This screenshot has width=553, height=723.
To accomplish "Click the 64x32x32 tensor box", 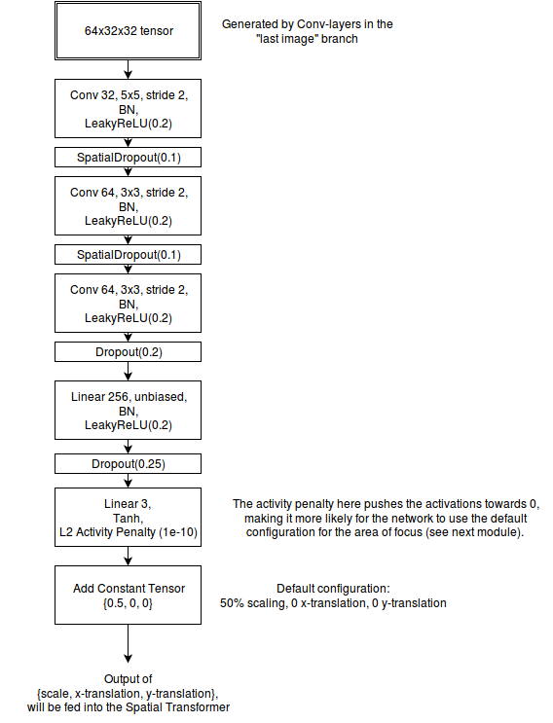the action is [128, 30].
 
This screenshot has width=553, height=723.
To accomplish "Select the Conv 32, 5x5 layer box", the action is [128, 108].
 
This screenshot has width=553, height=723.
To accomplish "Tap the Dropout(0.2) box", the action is [128, 352].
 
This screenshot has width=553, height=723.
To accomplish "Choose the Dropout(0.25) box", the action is [128, 463].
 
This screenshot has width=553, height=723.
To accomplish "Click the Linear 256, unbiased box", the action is [128, 410].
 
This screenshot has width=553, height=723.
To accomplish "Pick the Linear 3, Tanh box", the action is [128, 517].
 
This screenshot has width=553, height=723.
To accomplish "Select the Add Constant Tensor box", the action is [128, 595].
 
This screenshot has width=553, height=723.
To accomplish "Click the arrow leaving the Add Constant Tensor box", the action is [129, 643].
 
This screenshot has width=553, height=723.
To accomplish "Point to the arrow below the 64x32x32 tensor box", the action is [129, 69].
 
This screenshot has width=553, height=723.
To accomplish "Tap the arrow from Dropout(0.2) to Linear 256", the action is [129, 371].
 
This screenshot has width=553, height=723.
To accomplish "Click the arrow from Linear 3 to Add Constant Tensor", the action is [129, 556].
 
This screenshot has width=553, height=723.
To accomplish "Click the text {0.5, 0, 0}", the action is [128, 603].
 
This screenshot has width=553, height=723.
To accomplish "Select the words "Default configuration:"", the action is [333, 589].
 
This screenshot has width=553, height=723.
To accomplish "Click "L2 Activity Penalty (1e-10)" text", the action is [129, 532].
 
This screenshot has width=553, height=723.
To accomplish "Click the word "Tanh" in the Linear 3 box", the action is [128, 518].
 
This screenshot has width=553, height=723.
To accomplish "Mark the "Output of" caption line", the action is [129, 679].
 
